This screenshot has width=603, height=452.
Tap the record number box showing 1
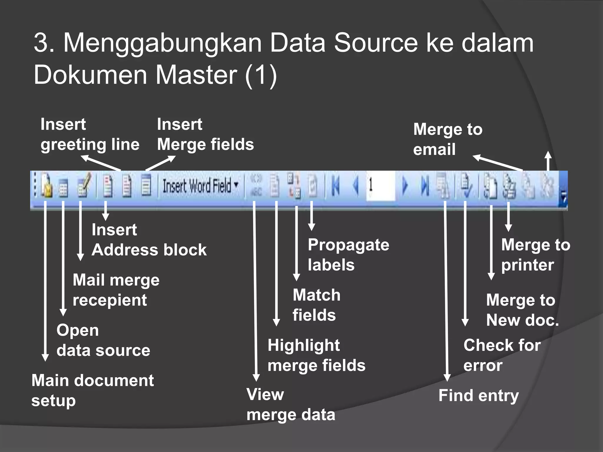tap(380, 186)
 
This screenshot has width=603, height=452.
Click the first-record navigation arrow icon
tap(336, 186)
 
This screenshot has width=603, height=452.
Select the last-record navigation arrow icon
tap(424, 186)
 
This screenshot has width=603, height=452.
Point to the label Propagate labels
tap(348, 255)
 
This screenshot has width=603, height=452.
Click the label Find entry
tap(478, 395)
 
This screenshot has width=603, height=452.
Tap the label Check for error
tap(502, 355)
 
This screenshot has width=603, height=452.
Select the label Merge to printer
tap(535, 255)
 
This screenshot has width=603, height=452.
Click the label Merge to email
tap(448, 139)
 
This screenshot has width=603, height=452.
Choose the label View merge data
tap(291, 405)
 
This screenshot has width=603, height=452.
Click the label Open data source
tap(103, 340)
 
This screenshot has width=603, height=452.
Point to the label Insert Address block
tap(149, 240)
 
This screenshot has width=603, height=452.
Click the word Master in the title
tap(196, 75)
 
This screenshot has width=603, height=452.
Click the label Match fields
tap(316, 305)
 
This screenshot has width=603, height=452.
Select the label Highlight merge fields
tap(316, 355)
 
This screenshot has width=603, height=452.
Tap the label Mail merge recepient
tap(116, 290)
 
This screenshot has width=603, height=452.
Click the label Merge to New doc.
tap(522, 310)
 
